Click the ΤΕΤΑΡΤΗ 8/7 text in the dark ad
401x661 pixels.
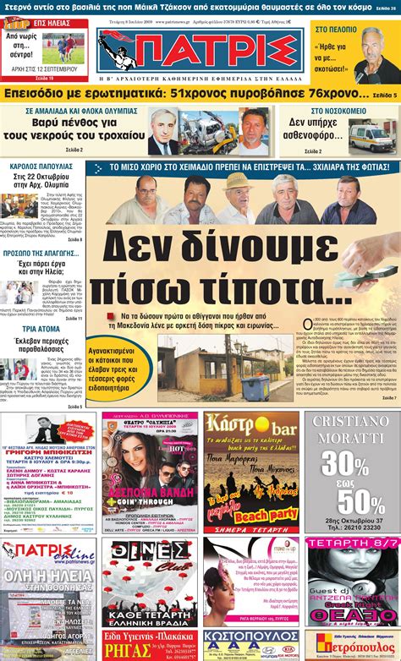tap(349, 552)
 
